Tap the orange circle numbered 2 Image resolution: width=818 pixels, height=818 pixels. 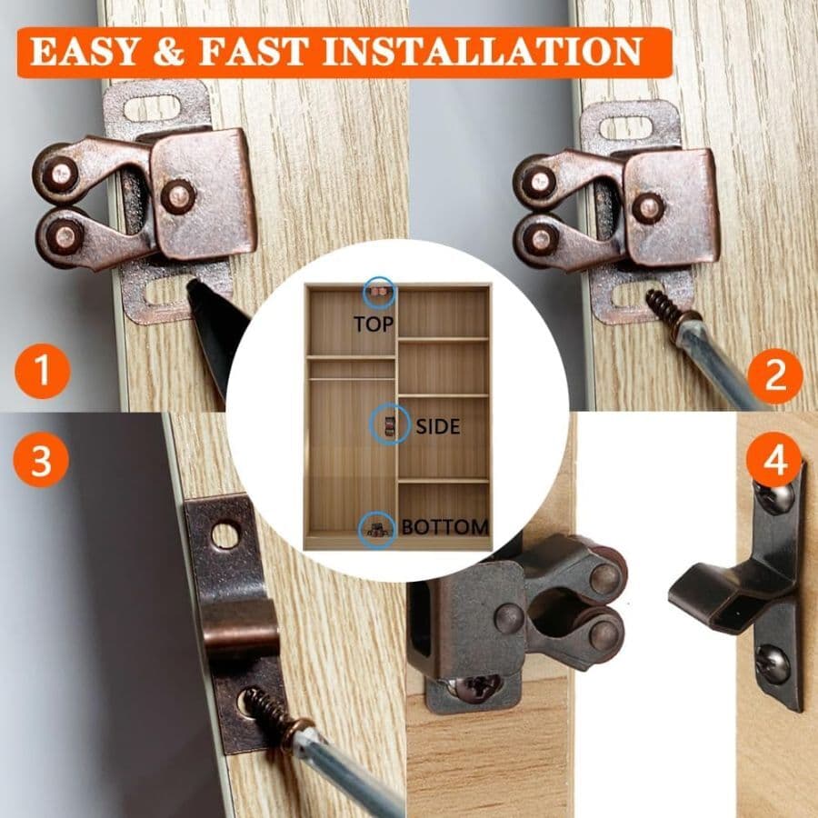coord(774,374)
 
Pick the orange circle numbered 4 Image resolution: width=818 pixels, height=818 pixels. coord(774,461)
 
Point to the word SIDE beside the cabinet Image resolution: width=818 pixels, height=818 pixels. coord(438,425)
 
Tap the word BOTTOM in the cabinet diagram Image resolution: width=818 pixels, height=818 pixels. coord(445,526)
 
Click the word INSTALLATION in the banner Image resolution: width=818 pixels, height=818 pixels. coord(482,52)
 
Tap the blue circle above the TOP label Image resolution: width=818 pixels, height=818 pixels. coord(378,293)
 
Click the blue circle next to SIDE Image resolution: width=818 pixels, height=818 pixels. coord(389,424)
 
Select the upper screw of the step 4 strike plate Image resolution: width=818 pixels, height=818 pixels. coord(773,496)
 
